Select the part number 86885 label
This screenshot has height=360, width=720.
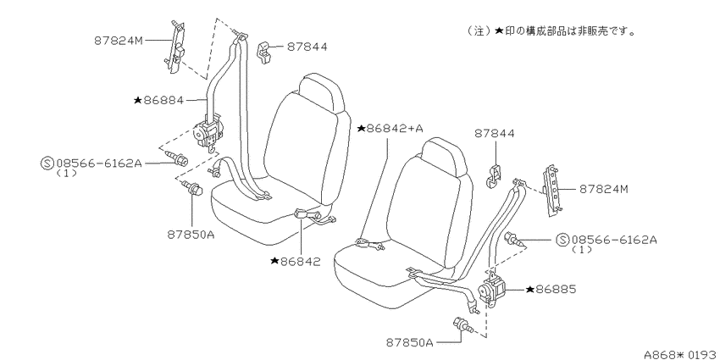click(550, 290)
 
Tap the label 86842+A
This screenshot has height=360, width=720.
click(390, 129)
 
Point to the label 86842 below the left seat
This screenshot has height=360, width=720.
click(295, 261)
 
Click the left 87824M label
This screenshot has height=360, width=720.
click(119, 41)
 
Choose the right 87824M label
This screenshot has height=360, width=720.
click(603, 189)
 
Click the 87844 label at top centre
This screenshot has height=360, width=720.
click(307, 47)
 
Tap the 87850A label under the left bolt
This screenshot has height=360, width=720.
click(191, 235)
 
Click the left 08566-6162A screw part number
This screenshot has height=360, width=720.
click(99, 163)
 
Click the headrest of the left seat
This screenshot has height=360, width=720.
click(321, 91)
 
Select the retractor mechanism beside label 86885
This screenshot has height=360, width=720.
click(492, 291)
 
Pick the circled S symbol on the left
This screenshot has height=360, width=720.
click(47, 163)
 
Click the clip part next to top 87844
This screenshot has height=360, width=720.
click(265, 52)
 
